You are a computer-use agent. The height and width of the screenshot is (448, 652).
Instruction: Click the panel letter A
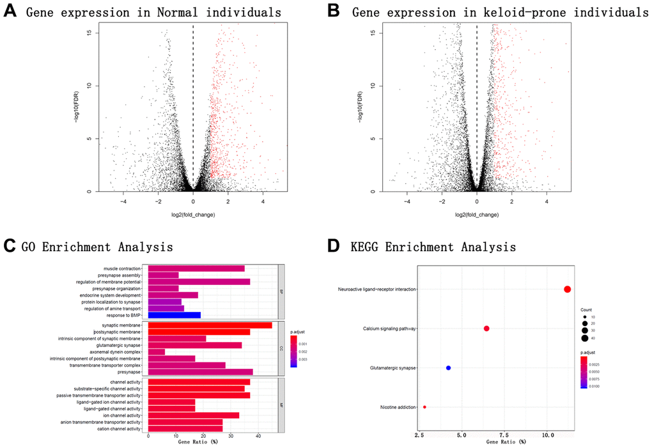[11, 12]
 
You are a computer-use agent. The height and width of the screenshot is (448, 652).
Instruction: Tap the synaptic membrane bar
[210, 325]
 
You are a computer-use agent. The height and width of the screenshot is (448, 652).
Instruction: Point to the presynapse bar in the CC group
[201, 371]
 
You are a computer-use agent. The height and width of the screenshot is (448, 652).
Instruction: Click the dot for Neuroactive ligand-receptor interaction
[568, 290]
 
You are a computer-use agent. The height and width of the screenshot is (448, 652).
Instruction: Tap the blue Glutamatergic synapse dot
[449, 368]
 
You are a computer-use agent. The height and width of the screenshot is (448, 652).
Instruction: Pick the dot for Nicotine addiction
[424, 407]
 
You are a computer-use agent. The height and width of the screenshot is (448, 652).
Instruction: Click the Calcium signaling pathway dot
[486, 328]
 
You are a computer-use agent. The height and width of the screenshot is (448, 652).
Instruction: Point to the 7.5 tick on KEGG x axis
[504, 435]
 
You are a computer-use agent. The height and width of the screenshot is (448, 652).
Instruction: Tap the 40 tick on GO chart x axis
[258, 436]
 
